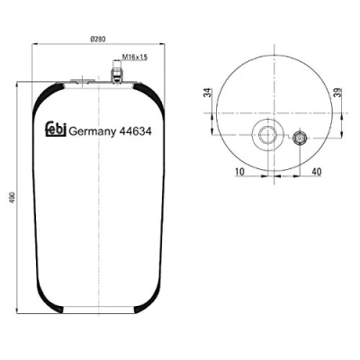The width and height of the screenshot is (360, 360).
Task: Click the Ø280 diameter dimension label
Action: click(98, 40)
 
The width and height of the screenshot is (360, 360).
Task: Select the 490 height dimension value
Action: click(12, 198)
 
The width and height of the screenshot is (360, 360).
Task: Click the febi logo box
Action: click(56, 129)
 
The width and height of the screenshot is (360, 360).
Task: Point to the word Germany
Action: click(93, 131)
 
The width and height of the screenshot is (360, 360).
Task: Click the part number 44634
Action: click(135, 131)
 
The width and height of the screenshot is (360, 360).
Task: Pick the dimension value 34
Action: click(207, 93)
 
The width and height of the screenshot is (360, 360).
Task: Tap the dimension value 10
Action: click(240, 172)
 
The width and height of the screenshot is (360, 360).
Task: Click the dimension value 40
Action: click(317, 172)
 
